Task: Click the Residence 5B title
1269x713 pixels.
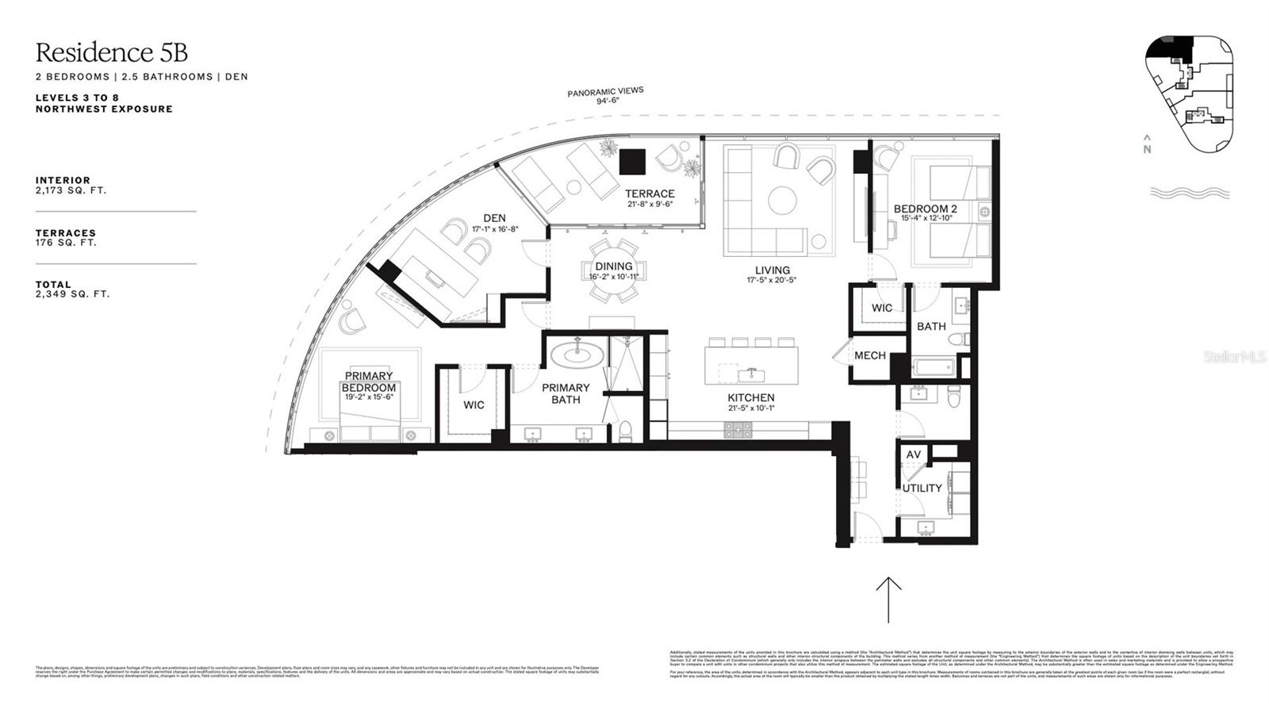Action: click(x=111, y=52)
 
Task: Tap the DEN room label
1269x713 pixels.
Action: click(x=494, y=218)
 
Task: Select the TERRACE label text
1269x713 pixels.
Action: click(x=650, y=194)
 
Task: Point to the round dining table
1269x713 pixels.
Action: click(x=613, y=270)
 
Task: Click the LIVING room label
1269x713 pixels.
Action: click(x=772, y=270)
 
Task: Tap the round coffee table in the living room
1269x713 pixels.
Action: click(x=782, y=199)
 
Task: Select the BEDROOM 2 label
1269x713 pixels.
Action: click(x=925, y=209)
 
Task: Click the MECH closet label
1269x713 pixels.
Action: click(x=869, y=355)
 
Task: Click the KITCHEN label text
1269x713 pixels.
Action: click(x=750, y=397)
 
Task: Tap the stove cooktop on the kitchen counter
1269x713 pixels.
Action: click(x=738, y=429)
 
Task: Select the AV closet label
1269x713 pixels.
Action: click(x=914, y=454)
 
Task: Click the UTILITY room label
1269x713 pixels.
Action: click(x=922, y=488)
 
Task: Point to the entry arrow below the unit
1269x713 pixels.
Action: click(x=888, y=599)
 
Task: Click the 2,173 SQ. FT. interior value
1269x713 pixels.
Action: click(x=71, y=190)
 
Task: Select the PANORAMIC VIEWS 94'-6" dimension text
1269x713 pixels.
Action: click(x=605, y=96)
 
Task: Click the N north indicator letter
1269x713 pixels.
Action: click(x=1147, y=148)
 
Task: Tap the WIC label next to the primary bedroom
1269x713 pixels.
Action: click(x=473, y=404)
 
